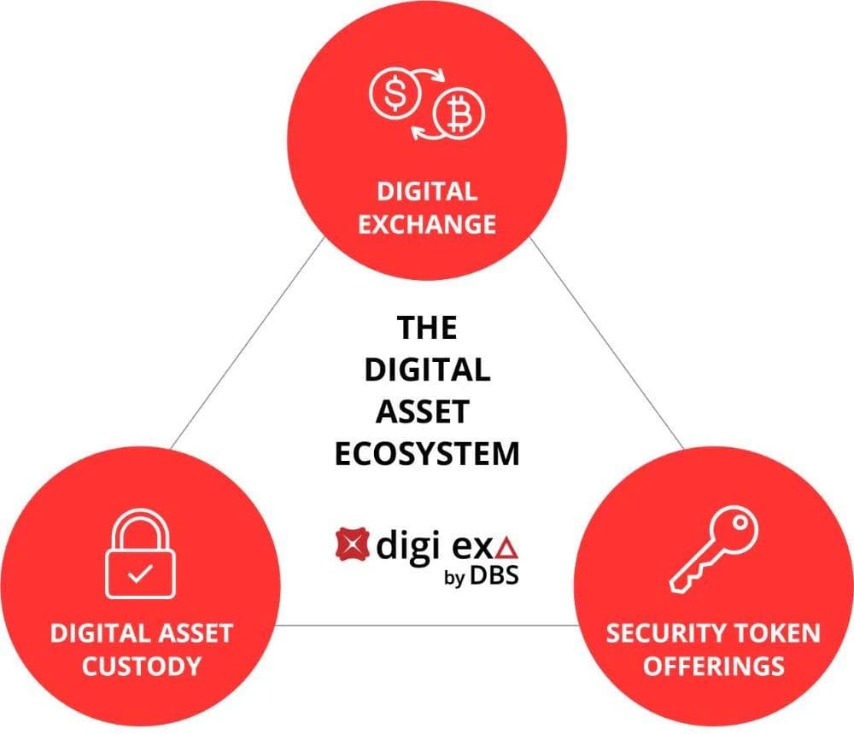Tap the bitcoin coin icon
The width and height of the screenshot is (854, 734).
(459, 114)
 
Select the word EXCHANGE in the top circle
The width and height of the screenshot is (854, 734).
(427, 224)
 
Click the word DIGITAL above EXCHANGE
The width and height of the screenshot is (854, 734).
(427, 192)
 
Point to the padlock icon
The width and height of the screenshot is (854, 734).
(141, 554)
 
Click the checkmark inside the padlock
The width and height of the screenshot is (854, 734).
(140, 574)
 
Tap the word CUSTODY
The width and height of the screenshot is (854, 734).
(142, 667)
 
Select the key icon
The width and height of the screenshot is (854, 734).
(713, 549)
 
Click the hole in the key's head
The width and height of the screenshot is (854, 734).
(739, 522)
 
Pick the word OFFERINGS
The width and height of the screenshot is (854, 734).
(713, 667)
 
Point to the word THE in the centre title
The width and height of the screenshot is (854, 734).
(427, 328)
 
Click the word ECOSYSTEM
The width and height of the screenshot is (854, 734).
(427, 453)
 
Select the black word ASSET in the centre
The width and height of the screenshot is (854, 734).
(423, 411)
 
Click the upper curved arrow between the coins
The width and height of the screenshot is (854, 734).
(428, 74)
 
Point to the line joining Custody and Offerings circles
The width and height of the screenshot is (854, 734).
(426, 625)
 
